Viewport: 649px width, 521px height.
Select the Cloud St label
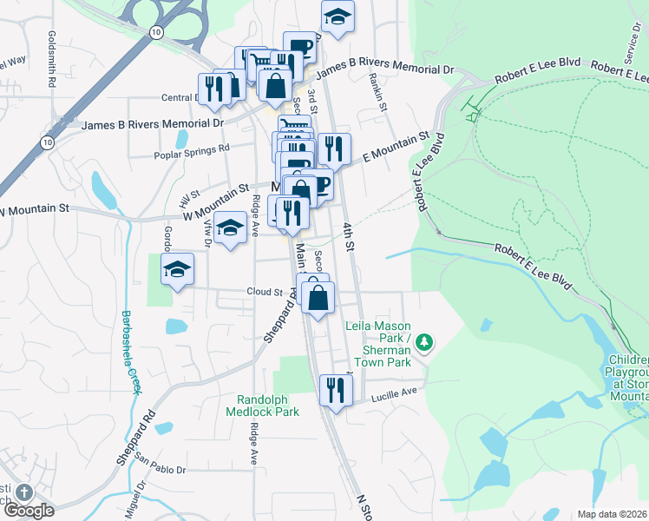click(265, 293)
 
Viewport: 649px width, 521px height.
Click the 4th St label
click(348, 236)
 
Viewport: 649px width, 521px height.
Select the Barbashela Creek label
click(130, 352)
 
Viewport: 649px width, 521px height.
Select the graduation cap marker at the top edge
click(338, 16)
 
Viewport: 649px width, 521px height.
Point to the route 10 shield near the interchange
click(154, 32)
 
